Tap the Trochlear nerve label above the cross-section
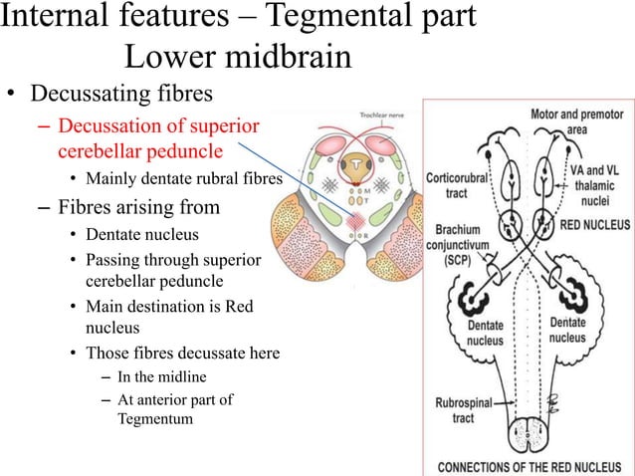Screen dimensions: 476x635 coord(380,116)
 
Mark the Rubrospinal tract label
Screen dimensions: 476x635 coord(467,410)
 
